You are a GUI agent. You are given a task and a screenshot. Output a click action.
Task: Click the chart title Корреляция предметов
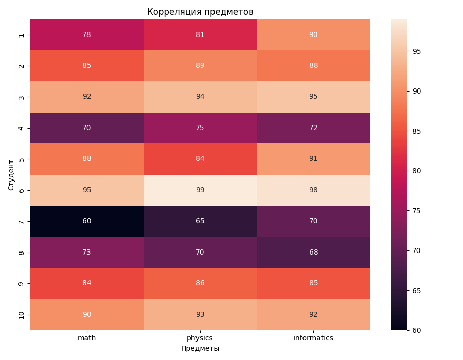coord(200,12)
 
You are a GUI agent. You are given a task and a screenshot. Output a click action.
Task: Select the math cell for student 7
coord(86,221)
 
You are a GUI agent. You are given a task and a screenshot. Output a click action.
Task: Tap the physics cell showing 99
coord(200,190)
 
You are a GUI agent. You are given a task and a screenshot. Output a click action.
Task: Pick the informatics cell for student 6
coord(313,190)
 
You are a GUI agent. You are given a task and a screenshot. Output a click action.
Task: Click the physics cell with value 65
coord(200,221)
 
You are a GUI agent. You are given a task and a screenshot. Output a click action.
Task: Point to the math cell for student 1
coord(86,34)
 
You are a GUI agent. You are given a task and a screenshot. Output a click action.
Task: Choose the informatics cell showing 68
coord(313,252)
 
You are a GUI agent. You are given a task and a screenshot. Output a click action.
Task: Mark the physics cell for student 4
coord(200,128)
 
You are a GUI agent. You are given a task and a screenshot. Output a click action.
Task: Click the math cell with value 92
coord(86,97)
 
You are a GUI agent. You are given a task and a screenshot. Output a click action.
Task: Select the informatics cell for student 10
coord(313,314)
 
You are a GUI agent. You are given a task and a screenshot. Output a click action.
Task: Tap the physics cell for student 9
coord(200,283)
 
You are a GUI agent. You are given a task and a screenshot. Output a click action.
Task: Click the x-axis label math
coord(86,338)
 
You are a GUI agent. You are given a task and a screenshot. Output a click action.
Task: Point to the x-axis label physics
coord(200,338)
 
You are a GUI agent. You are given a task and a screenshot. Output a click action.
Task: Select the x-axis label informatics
coord(313,338)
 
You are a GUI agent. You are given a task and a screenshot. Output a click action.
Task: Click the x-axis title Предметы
coord(200,348)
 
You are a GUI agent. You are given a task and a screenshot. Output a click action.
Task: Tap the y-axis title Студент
coord(11,174)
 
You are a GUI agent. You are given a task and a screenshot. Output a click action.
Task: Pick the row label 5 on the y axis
coord(21,159)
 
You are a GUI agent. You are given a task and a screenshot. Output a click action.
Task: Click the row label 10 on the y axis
coord(21,314)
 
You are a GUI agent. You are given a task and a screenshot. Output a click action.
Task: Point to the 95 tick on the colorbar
coord(416,51)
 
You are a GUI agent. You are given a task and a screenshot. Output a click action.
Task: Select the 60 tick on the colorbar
coord(416,330)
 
